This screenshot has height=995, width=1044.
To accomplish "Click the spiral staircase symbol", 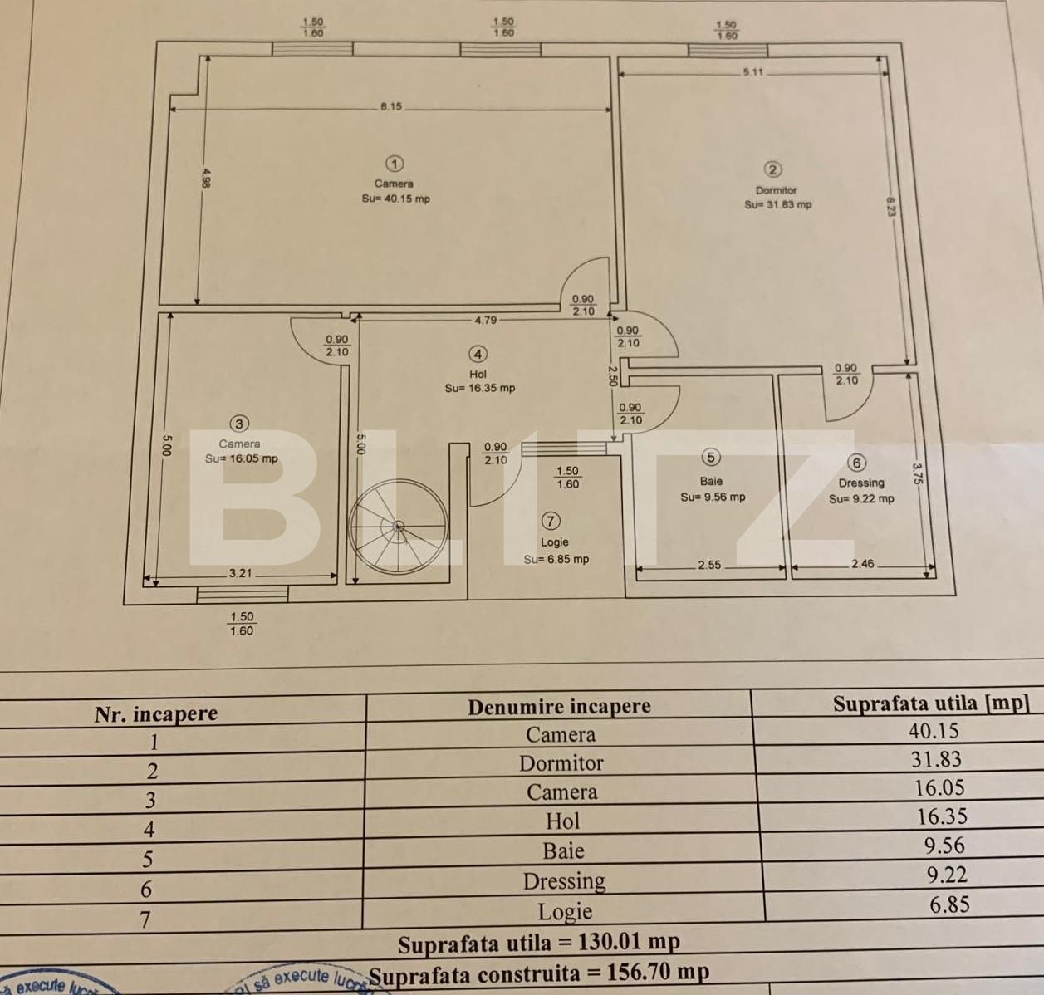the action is [x=399, y=527].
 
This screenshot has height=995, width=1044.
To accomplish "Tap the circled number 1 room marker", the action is [x=395, y=164].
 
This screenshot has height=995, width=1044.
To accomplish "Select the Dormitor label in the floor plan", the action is [x=776, y=190].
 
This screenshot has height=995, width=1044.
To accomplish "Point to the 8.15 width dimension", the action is [x=390, y=106].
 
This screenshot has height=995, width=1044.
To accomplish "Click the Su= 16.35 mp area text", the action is [x=479, y=388].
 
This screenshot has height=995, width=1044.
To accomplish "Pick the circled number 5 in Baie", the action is [x=710, y=457].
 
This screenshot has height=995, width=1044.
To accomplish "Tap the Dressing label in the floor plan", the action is [x=860, y=483].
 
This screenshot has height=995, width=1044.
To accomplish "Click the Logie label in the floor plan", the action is [x=555, y=542].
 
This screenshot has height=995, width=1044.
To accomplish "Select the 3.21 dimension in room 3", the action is [x=240, y=573].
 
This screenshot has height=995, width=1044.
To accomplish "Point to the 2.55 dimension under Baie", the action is [x=709, y=565].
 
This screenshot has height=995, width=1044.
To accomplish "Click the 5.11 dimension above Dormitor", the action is [x=752, y=72].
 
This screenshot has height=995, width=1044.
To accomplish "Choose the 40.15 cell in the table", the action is [x=934, y=731].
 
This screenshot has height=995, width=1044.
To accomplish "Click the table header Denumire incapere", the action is [x=559, y=707].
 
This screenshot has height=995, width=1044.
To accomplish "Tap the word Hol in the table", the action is [x=562, y=821].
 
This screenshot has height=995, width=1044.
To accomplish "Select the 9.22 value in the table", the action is [x=947, y=875].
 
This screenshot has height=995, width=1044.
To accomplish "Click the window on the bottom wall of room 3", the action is [x=243, y=594].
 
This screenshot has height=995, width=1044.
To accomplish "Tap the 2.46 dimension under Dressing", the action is [x=862, y=564].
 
